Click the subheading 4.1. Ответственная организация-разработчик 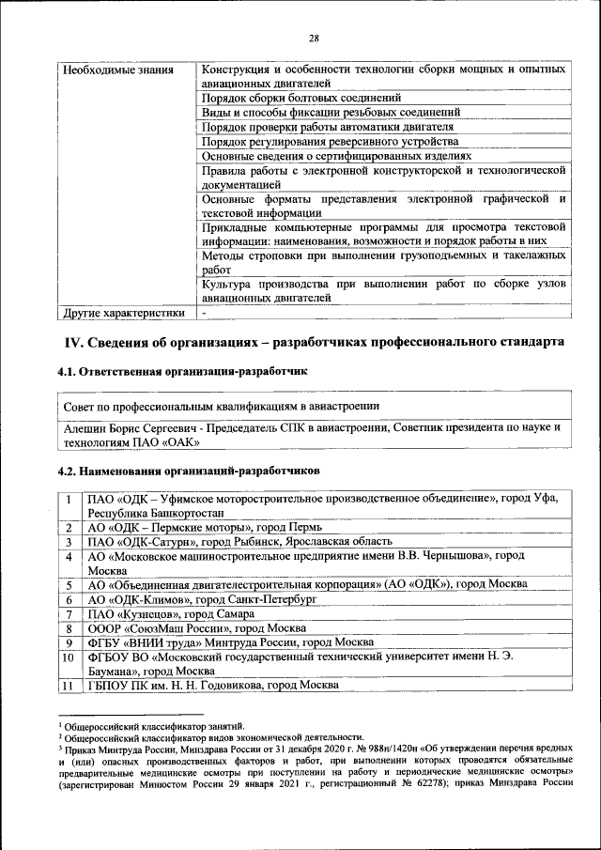coord(182,372)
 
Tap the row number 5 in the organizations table coord(69,584)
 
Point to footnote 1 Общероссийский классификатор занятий coord(151,726)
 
